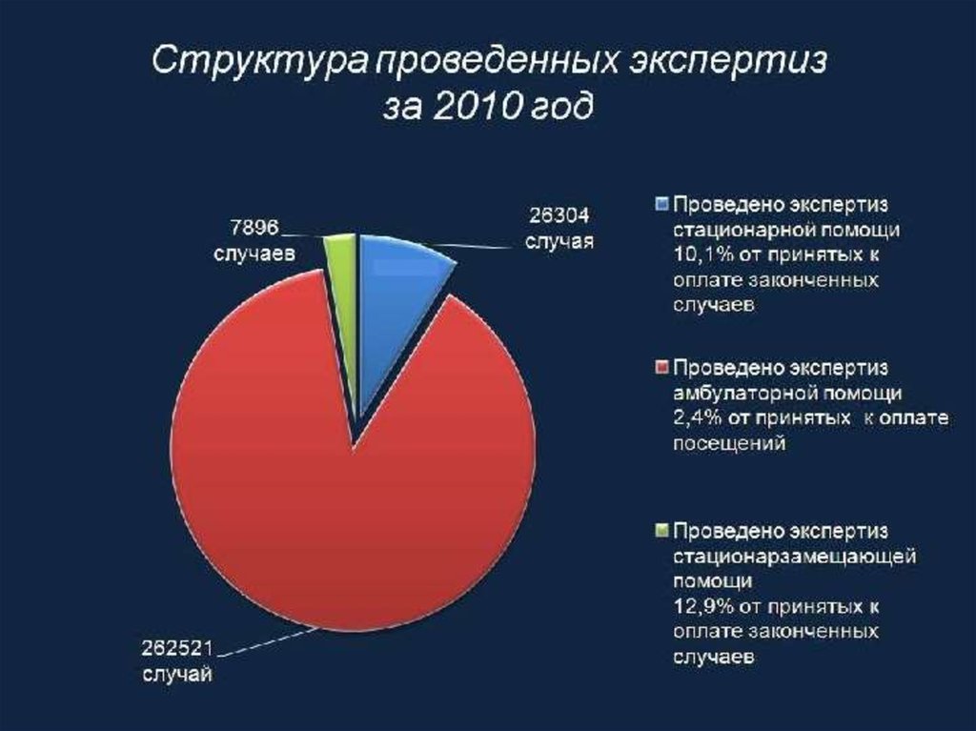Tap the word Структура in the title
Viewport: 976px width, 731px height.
pyautogui.click(x=259, y=62)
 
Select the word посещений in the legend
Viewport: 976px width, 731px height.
pyautogui.click(x=729, y=444)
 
